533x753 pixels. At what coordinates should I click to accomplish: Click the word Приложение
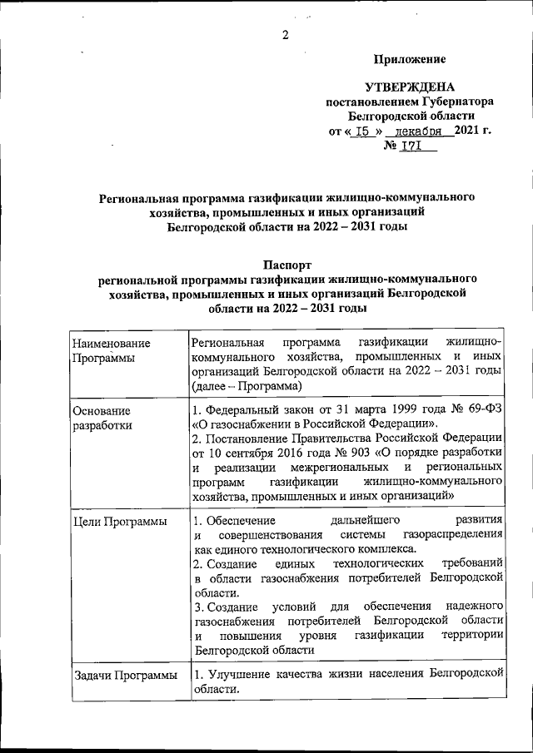pyautogui.click(x=409, y=59)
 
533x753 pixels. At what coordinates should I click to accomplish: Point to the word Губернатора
pyautogui.click(x=456, y=102)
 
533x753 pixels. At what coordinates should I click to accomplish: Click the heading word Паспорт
pyautogui.click(x=287, y=264)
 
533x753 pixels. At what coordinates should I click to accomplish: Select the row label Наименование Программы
pyautogui.click(x=111, y=350)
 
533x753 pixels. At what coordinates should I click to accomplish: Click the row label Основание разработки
pyautogui.click(x=102, y=418)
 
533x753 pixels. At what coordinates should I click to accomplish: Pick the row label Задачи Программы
pyautogui.click(x=124, y=675)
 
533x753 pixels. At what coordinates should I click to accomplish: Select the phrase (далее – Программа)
pyautogui.click(x=246, y=387)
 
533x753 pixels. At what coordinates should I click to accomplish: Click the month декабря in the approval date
pyautogui.click(x=424, y=131)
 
